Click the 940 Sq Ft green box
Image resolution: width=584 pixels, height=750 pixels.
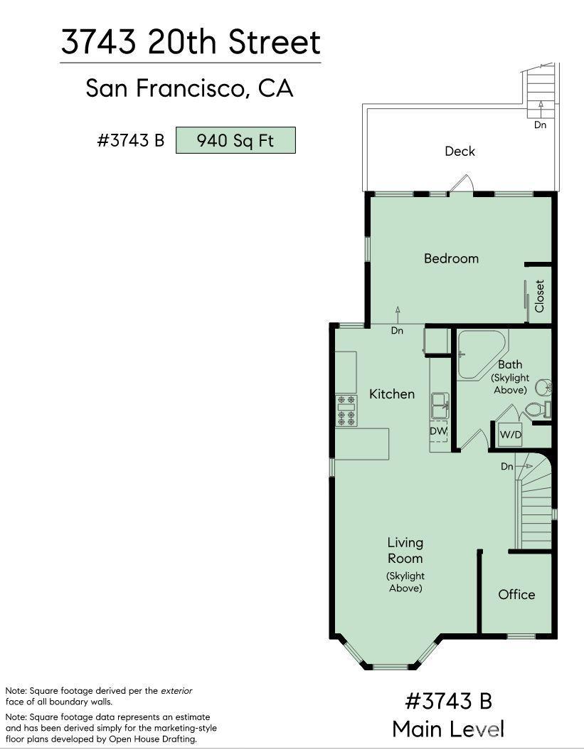[235, 140]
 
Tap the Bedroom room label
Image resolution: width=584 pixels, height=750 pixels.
[451, 258]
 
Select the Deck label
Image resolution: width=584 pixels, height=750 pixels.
[460, 151]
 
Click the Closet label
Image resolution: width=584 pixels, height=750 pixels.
[539, 295]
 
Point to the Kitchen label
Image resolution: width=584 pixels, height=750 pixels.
[391, 394]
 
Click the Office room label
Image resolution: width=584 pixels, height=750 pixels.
[516, 594]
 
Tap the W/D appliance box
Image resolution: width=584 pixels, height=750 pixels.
[509, 434]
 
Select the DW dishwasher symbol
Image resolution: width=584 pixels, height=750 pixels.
[438, 431]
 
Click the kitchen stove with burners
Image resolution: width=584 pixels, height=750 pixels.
[346, 411]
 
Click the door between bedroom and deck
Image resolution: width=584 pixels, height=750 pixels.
[460, 184]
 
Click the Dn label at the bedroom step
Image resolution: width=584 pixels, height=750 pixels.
[397, 331]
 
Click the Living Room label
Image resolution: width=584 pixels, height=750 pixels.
[405, 551]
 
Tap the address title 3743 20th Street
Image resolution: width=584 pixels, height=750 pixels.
[191, 42]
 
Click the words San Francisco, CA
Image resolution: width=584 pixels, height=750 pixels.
[189, 88]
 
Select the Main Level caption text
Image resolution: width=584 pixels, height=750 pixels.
[448, 729]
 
